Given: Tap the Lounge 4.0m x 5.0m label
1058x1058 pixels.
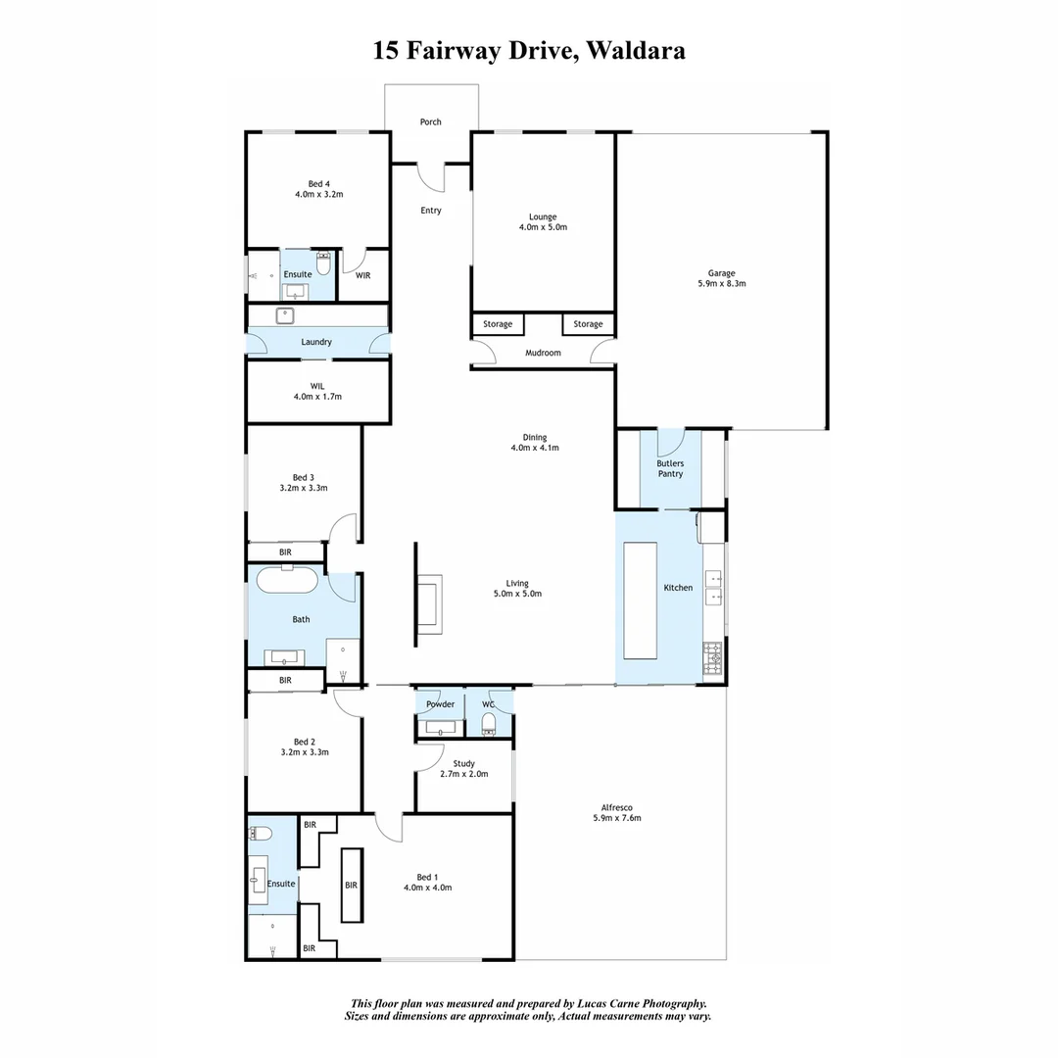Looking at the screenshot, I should [x=543, y=222].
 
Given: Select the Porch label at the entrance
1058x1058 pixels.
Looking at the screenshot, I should [x=430, y=122].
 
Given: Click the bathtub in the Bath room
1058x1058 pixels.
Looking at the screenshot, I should [x=287, y=580].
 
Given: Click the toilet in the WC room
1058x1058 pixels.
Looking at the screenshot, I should [x=489, y=724].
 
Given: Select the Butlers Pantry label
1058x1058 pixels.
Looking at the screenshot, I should [x=670, y=468].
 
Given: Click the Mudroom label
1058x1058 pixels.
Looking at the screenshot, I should [x=543, y=353].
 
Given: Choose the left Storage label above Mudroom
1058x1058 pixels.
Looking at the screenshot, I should [x=498, y=324].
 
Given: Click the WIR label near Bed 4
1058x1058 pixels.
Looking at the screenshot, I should [x=362, y=276].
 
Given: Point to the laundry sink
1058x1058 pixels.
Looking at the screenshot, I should [x=287, y=315].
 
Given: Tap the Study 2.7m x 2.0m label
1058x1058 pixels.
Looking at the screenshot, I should [x=463, y=769].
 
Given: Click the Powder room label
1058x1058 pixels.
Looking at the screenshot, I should [x=440, y=704].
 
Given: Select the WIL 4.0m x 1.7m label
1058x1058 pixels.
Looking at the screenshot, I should [x=316, y=391].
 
